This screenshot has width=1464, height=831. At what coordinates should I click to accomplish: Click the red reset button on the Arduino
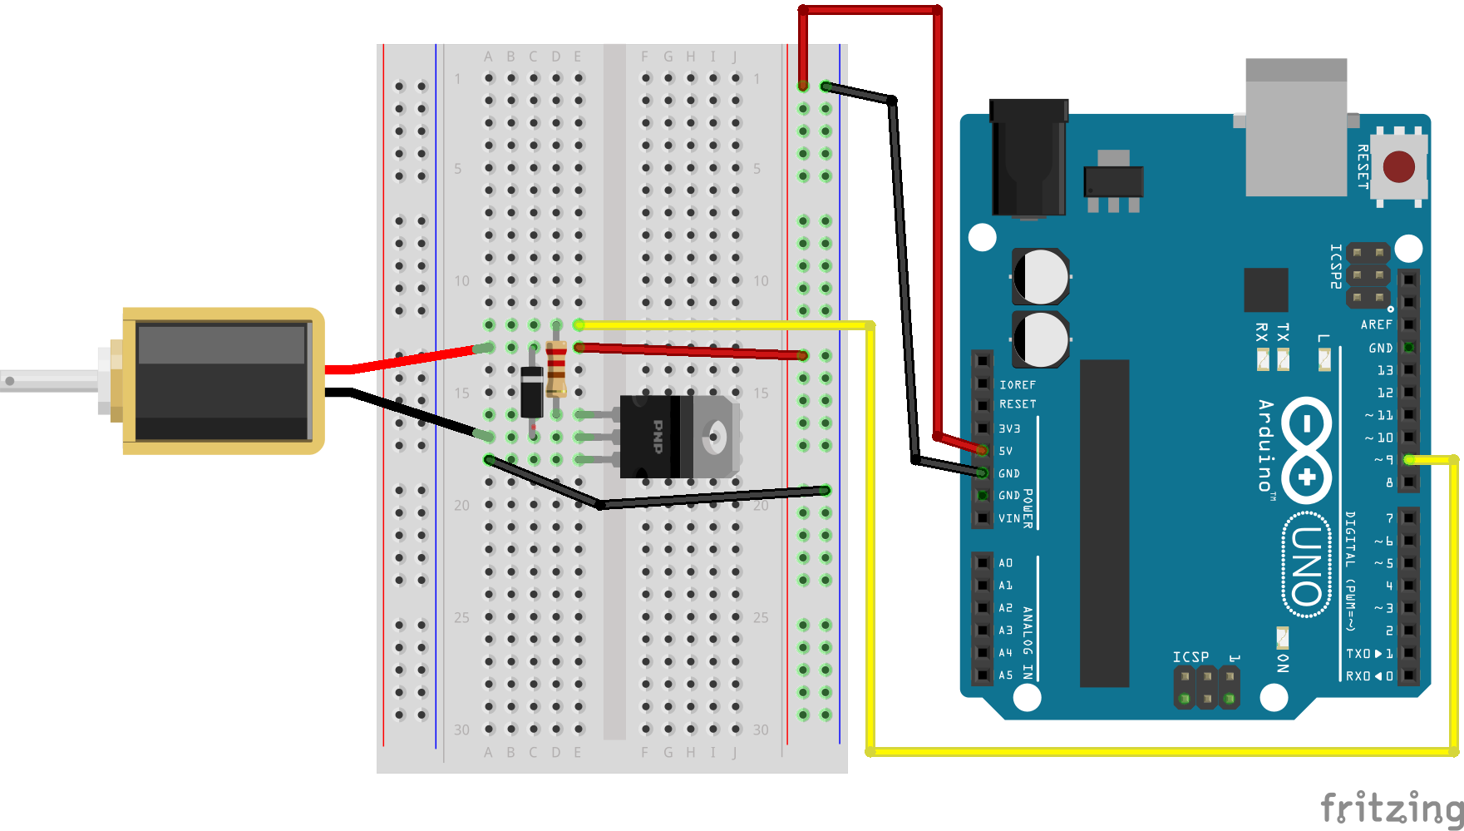pos(1398,166)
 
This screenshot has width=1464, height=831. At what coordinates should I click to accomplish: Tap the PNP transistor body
pos(657,437)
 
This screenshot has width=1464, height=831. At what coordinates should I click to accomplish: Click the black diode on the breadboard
pos(532,392)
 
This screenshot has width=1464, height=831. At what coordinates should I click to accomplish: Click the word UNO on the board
pos(1306,566)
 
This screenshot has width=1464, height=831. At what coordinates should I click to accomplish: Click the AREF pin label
pos(1376,324)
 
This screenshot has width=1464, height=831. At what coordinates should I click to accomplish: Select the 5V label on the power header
pos(1006,451)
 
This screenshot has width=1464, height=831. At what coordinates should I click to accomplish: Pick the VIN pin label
pos(1008,518)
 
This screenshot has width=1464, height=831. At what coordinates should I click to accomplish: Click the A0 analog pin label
pos(1006,563)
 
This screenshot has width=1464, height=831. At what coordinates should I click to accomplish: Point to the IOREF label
pos(1018,385)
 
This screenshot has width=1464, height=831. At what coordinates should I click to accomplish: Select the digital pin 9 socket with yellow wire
pos(1408,459)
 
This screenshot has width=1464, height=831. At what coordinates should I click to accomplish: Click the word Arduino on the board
pos(1265,446)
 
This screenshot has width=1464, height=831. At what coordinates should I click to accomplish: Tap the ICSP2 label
pos(1335,266)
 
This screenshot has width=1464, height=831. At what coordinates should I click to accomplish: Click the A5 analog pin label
pos(1006,675)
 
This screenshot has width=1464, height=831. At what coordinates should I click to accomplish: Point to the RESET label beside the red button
pos(1363,166)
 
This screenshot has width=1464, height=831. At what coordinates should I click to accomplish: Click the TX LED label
pos(1283,333)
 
